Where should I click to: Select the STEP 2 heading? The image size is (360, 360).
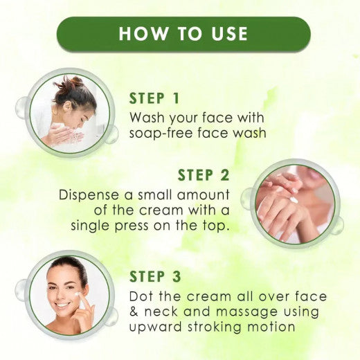(205, 175)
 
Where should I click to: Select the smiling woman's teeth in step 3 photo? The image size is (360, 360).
(63, 305)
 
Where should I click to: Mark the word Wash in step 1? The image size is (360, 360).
(147, 117)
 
